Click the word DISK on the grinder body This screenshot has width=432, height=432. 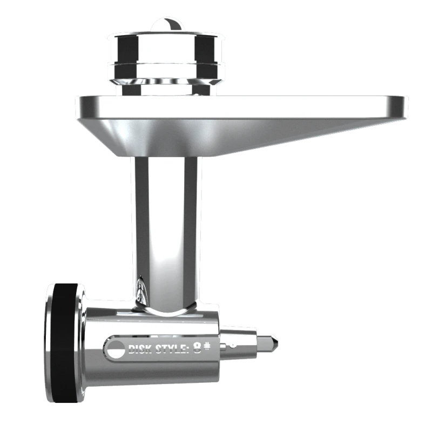140,349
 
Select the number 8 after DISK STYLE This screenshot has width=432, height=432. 197,347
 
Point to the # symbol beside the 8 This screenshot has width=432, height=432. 207,346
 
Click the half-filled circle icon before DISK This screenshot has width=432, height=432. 116,349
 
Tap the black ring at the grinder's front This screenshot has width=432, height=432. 65,342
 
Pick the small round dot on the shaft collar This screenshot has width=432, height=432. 233,345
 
